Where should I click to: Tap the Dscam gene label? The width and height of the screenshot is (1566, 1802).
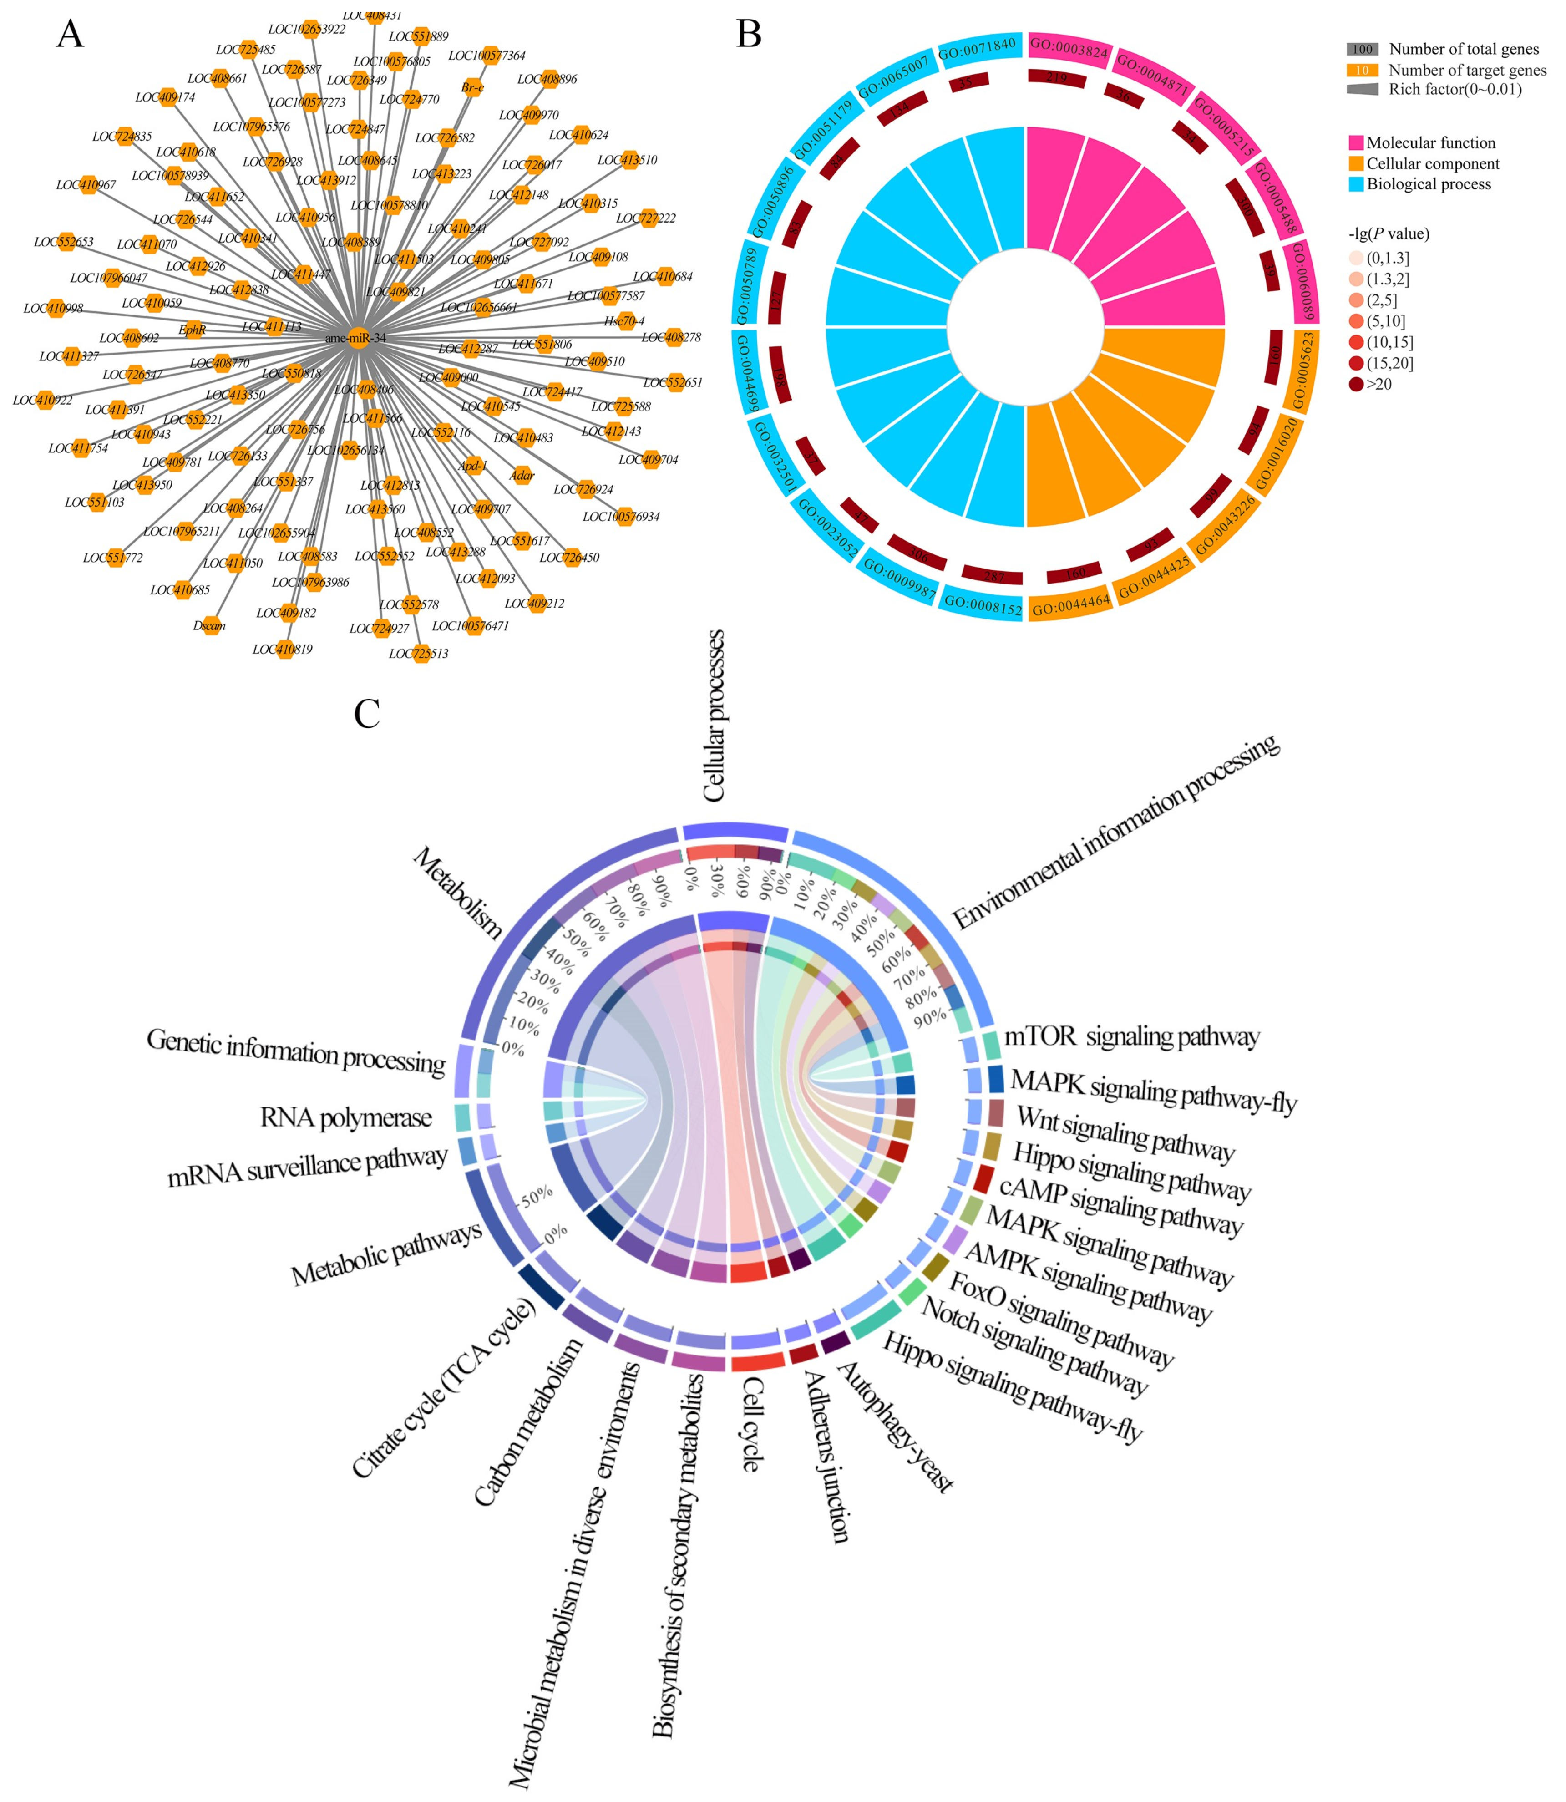click(210, 626)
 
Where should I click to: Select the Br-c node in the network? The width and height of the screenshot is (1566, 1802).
click(472, 87)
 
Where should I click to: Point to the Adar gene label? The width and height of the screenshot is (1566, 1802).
click(522, 475)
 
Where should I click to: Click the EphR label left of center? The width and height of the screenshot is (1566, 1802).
click(192, 330)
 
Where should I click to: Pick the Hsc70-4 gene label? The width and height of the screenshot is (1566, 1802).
click(624, 321)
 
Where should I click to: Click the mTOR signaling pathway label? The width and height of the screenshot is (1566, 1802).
click(1132, 1037)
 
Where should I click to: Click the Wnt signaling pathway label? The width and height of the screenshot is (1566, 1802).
click(1125, 1133)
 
